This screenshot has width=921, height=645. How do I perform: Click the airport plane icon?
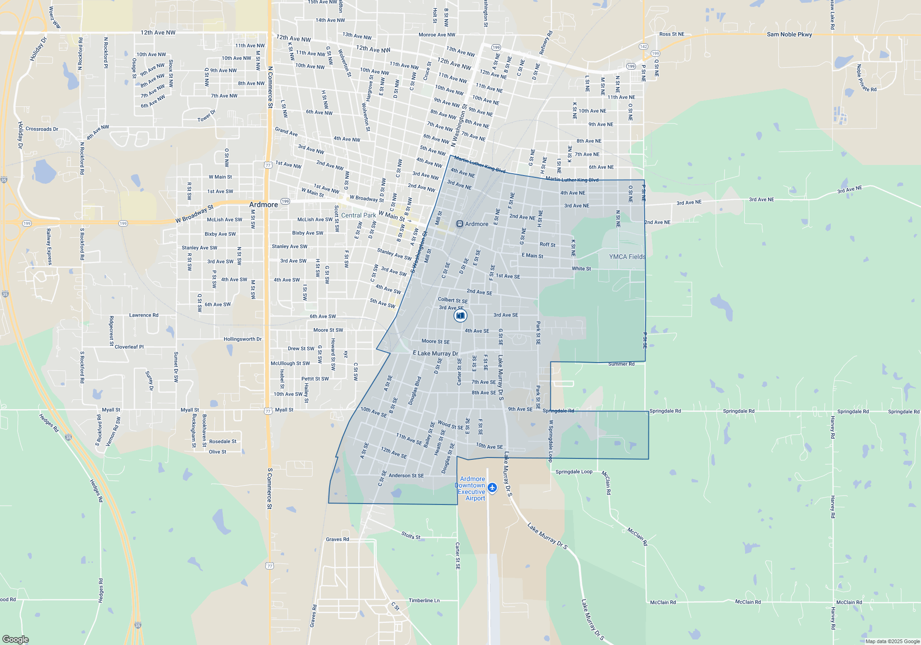click(x=492, y=487)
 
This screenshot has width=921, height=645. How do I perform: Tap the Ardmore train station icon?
click(x=460, y=224)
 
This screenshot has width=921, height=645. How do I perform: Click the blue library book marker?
click(x=460, y=316)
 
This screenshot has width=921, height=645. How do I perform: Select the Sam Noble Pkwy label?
click(x=789, y=35)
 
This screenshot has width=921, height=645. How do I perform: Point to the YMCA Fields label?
click(x=627, y=257)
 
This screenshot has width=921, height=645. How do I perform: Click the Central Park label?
click(x=358, y=215)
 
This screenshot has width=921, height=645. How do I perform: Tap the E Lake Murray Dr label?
click(x=435, y=353)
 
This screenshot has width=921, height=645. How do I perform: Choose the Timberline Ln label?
click(x=424, y=600)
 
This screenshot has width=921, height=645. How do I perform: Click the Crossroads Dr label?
click(x=42, y=129)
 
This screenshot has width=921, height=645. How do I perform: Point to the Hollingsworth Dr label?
click(x=243, y=339)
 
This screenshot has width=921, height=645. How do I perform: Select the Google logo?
click(x=15, y=639)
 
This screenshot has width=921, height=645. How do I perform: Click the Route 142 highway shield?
click(x=643, y=47)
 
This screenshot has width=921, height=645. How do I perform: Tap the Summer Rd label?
click(x=621, y=364)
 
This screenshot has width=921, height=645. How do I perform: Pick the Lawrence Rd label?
click(x=144, y=315)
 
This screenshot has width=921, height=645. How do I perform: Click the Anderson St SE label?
click(x=406, y=475)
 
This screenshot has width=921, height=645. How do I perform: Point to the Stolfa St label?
click(x=411, y=535)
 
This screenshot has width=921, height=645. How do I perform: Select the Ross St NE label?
click(x=672, y=34)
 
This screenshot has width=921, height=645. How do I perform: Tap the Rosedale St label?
click(x=223, y=441)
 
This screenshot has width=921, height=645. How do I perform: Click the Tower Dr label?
click(x=207, y=116)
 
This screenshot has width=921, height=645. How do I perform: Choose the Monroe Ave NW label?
click(x=437, y=35)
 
